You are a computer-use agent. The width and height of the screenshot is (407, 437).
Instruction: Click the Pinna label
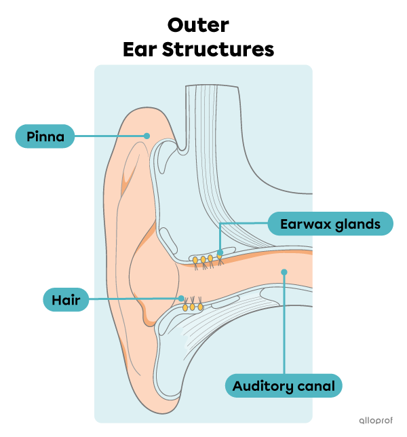45,136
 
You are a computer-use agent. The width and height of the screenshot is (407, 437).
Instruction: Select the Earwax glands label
330,224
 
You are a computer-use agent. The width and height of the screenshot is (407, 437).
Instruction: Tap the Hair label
66,299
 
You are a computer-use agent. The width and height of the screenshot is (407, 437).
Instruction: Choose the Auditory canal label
284,387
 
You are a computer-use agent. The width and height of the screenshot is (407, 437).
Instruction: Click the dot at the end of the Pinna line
147,136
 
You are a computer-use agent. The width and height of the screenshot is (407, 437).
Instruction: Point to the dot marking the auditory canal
284,271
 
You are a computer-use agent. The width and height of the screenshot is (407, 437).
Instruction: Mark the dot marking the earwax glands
220,252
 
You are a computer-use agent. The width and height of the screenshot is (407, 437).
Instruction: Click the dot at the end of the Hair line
181,299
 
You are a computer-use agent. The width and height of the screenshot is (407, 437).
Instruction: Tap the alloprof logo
375,420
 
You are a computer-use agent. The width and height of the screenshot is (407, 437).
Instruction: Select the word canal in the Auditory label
317,387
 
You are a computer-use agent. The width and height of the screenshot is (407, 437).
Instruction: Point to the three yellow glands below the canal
193,307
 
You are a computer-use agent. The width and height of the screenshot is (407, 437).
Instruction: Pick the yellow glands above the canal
203,259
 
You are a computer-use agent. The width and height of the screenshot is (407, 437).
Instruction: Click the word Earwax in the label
303,224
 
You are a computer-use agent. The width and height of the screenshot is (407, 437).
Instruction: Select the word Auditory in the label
264,387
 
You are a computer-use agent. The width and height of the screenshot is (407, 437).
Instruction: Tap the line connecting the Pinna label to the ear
109,136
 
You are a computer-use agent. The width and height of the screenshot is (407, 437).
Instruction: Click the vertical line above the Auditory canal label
284,326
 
